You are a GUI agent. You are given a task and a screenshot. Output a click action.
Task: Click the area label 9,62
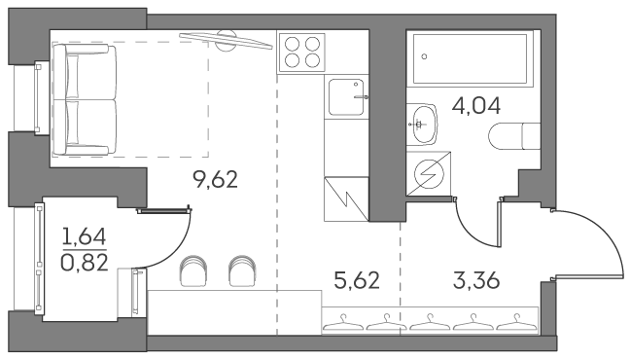point(216,179)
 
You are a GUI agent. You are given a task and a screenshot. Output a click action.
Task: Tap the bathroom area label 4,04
point(476,105)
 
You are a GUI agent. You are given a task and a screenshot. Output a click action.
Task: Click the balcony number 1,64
point(83,234)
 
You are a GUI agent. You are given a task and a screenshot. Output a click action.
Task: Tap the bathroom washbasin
point(424,122)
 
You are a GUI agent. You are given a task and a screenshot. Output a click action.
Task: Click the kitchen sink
point(347,96)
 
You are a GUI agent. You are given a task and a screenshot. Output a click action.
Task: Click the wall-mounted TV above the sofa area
point(227,38)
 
